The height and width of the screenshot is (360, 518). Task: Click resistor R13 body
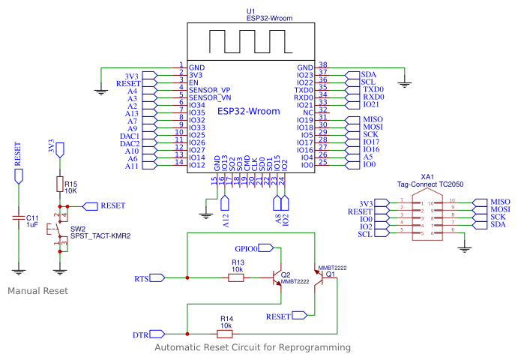(235, 278)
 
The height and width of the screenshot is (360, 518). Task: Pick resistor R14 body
(225, 333)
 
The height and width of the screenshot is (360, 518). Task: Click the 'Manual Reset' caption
(37, 290)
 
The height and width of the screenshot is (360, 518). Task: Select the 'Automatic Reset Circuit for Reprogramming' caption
(252, 348)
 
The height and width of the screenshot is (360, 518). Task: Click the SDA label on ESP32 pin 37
(369, 75)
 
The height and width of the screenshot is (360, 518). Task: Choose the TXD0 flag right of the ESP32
(373, 90)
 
